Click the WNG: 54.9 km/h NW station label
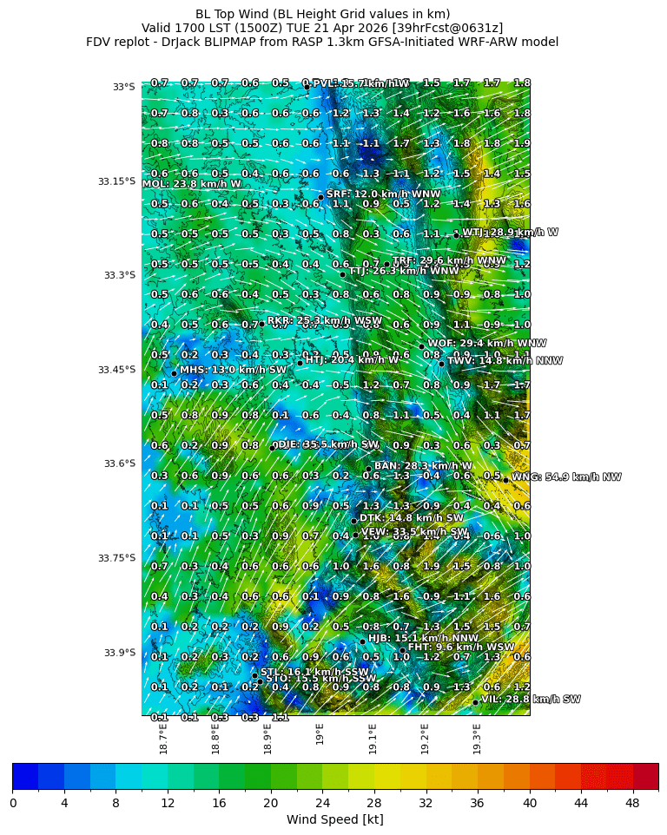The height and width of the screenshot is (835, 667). [566, 477]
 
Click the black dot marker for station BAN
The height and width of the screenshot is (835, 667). [368, 470]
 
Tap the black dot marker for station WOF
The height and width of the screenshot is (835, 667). [422, 346]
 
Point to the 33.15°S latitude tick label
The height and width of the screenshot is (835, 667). [116, 181]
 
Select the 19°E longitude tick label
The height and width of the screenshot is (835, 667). [320, 734]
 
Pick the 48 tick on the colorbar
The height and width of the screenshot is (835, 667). [632, 802]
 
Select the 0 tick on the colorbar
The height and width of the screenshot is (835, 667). [13, 802]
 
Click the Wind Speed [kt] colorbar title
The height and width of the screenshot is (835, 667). [334, 819]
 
